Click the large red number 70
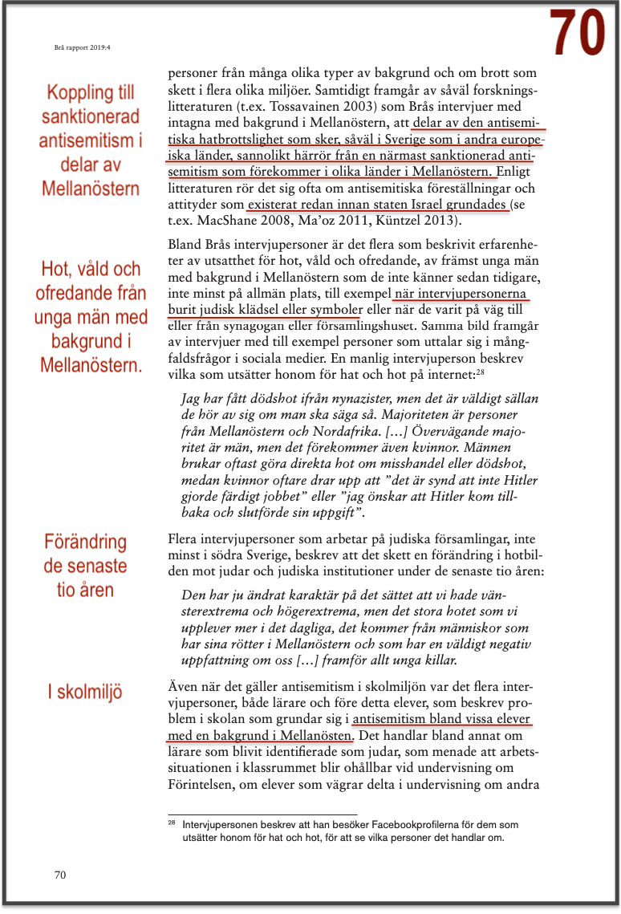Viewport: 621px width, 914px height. coord(577,32)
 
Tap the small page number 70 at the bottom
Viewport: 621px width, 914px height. coord(60,875)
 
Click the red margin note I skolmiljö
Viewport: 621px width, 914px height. coord(82,692)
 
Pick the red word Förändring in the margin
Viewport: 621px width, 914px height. coord(86,542)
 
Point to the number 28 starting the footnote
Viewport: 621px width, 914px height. coord(171,823)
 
